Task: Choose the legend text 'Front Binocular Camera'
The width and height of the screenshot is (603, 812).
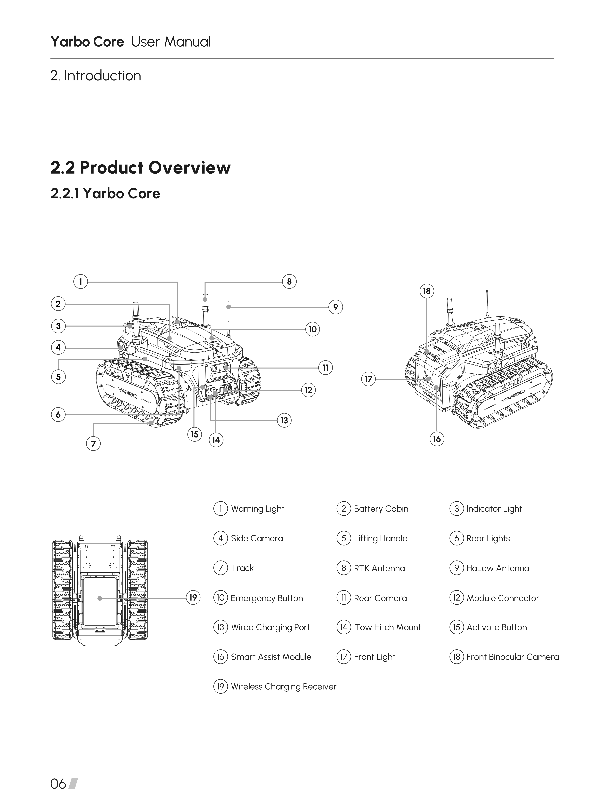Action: click(513, 657)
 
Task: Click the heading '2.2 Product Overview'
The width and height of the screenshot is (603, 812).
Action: click(140, 167)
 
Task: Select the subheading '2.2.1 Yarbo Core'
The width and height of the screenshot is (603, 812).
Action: click(105, 193)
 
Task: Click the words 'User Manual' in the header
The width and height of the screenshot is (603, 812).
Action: click(171, 42)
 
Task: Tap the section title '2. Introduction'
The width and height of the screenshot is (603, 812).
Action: click(96, 76)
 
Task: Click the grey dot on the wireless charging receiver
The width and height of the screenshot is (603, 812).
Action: click(100, 598)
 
